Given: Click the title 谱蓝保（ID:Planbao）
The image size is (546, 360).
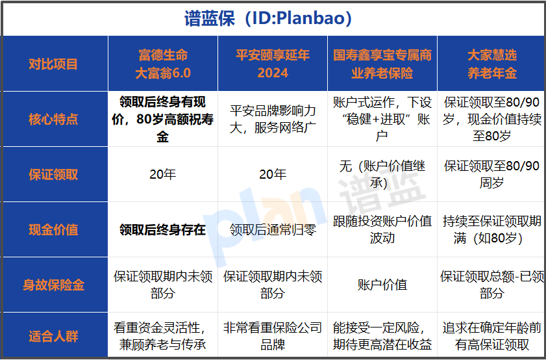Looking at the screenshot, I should pyautogui.click(x=273, y=18).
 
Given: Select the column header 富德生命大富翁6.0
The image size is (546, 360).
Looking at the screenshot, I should pyautogui.click(x=163, y=63).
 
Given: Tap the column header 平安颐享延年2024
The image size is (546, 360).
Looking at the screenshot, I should pyautogui.click(x=273, y=63).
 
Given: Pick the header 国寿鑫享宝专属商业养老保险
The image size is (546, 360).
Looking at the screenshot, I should pyautogui.click(x=382, y=63).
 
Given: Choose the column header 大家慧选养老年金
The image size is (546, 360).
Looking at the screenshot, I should pyautogui.click(x=491, y=63).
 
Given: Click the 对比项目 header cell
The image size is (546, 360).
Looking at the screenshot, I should pyautogui.click(x=54, y=64).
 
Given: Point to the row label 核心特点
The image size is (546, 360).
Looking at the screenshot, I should pyautogui.click(x=54, y=119).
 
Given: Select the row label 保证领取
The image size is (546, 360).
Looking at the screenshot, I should pyautogui.click(x=54, y=174).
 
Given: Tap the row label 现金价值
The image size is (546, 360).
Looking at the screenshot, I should pyautogui.click(x=54, y=229).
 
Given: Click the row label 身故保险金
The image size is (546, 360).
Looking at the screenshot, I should pyautogui.click(x=54, y=285).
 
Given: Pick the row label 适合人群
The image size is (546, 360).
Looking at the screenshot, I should pyautogui.click(x=54, y=336).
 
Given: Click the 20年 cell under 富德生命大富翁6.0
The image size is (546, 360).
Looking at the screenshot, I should pyautogui.click(x=163, y=174).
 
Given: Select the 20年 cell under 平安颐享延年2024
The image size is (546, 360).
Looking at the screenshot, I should pyautogui.click(x=273, y=174).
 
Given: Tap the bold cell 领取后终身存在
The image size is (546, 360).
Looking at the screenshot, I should pyautogui.click(x=163, y=229).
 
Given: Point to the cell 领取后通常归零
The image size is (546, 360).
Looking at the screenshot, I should pyautogui.click(x=273, y=229).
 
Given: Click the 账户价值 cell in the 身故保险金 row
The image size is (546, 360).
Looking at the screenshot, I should pyautogui.click(x=382, y=285).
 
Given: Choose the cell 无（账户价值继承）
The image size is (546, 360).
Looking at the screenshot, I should pyautogui.click(x=382, y=174).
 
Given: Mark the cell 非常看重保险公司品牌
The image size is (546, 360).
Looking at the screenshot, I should pyautogui.click(x=273, y=336).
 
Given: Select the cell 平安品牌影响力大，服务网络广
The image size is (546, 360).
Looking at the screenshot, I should pyautogui.click(x=273, y=119).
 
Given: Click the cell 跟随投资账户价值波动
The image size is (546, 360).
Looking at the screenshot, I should pyautogui.click(x=382, y=229).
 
